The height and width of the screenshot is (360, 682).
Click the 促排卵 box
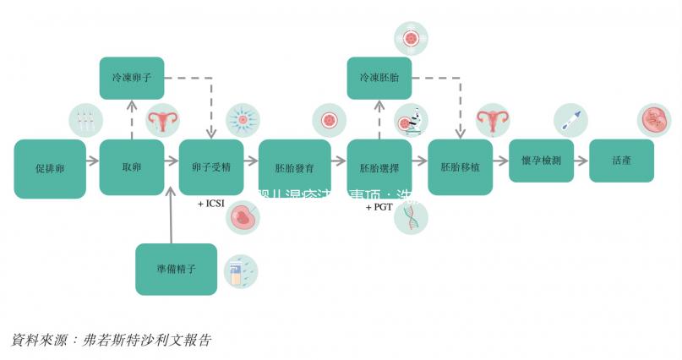tap(50, 168)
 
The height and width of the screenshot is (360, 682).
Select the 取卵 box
tap(131, 167)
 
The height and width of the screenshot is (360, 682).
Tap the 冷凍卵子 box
tap(131, 78)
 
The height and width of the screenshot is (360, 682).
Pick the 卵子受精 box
tap(211, 167)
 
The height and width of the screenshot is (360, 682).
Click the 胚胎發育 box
tap(294, 167)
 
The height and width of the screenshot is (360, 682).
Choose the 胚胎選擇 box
tap(379, 167)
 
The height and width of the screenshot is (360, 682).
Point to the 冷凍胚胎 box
tap(379, 78)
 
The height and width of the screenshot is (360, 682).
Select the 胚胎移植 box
tap(460, 167)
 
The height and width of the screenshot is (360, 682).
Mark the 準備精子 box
tap(177, 269)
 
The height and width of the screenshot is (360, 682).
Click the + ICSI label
tap(210, 204)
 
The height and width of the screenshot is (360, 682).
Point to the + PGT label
tap(379, 206)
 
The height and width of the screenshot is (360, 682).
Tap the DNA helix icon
tap(412, 216)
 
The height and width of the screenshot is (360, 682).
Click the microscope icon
tap(412, 121)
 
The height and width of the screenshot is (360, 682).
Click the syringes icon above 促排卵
tap(84, 121)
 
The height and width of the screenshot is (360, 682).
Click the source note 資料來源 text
tap(110, 340)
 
